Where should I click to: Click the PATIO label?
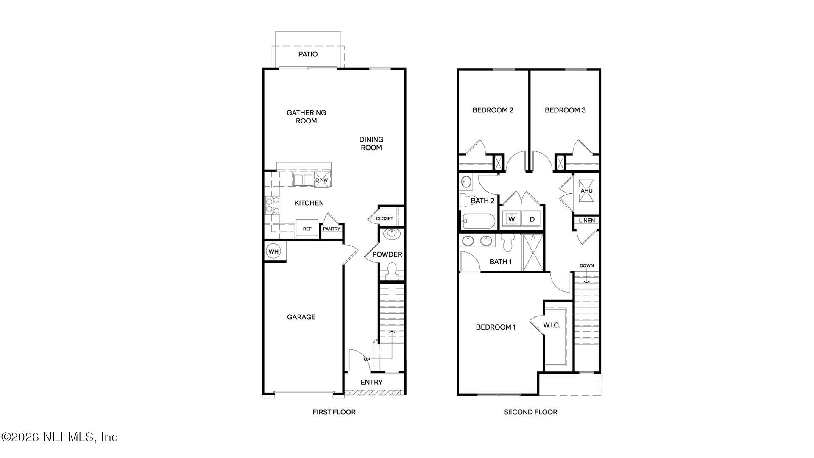pyautogui.click(x=308, y=54)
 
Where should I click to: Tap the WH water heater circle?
pyautogui.click(x=273, y=252)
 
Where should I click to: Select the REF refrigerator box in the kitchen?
pyautogui.click(x=307, y=229)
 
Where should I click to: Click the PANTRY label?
pyautogui.click(x=332, y=229)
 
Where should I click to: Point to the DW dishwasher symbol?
pyautogui.click(x=321, y=180)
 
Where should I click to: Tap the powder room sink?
pyautogui.click(x=391, y=234)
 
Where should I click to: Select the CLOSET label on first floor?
pyautogui.click(x=385, y=218)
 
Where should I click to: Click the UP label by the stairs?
pyautogui.click(x=367, y=360)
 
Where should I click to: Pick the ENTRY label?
pyautogui.click(x=371, y=382)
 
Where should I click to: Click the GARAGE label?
pyautogui.click(x=301, y=317)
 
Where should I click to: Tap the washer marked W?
pyautogui.click(x=511, y=219)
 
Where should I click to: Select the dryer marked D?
pyautogui.click(x=532, y=219)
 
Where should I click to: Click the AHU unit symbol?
pyautogui.click(x=586, y=190)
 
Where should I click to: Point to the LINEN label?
pyautogui.click(x=587, y=221)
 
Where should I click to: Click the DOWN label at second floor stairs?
pyautogui.click(x=587, y=266)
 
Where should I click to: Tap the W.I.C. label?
pyautogui.click(x=552, y=325)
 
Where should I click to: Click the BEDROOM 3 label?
pyautogui.click(x=565, y=110)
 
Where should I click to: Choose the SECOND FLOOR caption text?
pyautogui.click(x=530, y=412)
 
